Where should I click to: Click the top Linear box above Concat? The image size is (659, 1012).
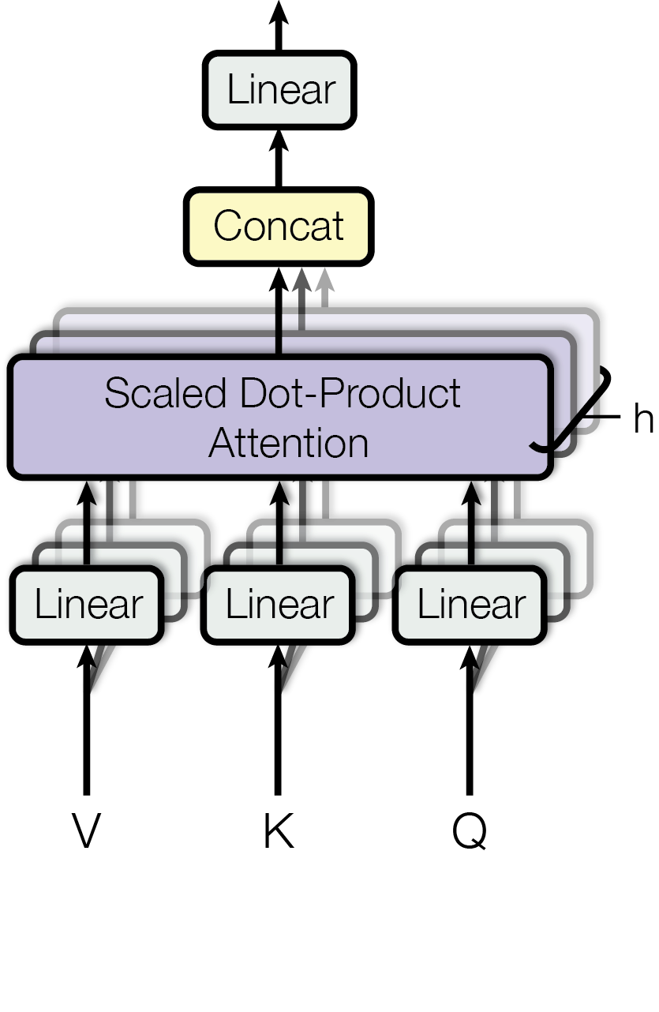coord(279,90)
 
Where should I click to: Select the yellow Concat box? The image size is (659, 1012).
coord(279,227)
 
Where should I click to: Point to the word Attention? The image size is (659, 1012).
coord(289,443)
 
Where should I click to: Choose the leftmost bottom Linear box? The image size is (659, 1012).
coord(88,605)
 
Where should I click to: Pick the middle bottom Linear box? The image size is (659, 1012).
coord(279,605)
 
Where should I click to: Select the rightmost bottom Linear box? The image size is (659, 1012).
coord(470,605)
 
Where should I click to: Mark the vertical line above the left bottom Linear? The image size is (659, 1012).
coord(88,545)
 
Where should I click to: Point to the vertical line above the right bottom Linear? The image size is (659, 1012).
coord(471,545)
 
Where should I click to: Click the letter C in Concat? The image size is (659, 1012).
coord(228,227)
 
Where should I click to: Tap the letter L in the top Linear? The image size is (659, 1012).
coord(234,90)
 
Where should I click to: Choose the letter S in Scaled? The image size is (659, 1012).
coord(117,393)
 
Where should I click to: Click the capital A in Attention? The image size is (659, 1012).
coord(223,443)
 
